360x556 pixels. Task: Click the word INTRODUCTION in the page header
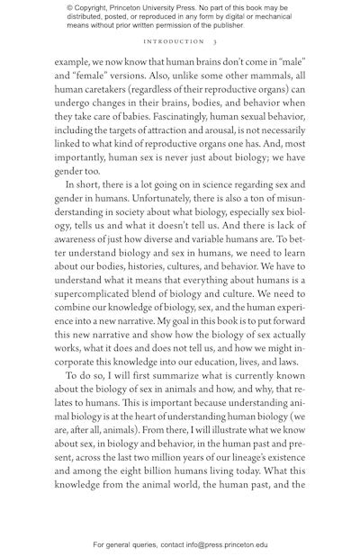coord(174,41)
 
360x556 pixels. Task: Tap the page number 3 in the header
coord(215,41)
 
